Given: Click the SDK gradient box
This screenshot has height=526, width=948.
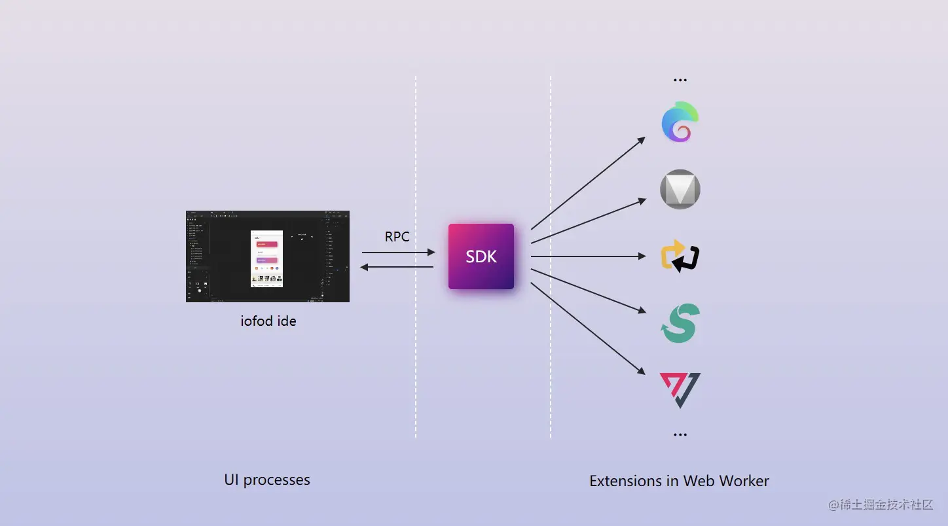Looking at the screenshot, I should point(481,256).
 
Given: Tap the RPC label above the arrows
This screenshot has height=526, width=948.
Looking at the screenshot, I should point(397,236).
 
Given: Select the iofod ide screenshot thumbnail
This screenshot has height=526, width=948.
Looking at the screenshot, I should point(268,256).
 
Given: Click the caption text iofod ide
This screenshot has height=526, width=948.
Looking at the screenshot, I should point(268,321).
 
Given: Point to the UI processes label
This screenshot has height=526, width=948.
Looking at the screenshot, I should point(267,480).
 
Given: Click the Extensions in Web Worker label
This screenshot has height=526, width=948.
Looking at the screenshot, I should point(679,481).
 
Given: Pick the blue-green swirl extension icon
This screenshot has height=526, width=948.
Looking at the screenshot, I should point(680,122).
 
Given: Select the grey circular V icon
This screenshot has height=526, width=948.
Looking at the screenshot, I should point(680,190).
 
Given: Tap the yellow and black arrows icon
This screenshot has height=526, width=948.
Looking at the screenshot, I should point(680,256).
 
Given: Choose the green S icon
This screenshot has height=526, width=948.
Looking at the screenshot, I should point(680,323).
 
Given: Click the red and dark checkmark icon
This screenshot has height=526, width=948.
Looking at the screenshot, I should point(680,390).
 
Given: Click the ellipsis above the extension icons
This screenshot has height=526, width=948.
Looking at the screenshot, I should point(680,80).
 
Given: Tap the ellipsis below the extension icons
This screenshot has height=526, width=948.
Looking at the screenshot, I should point(680,434).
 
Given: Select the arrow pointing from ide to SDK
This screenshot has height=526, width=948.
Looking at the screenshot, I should point(398,252).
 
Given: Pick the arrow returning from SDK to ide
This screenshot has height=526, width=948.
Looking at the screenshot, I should point(398,266).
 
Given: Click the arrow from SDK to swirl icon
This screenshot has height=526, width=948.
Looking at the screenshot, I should point(588,183).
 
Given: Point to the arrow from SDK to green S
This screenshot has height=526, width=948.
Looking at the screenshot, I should point(588,291).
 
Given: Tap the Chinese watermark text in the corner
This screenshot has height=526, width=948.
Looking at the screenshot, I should point(881,504).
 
